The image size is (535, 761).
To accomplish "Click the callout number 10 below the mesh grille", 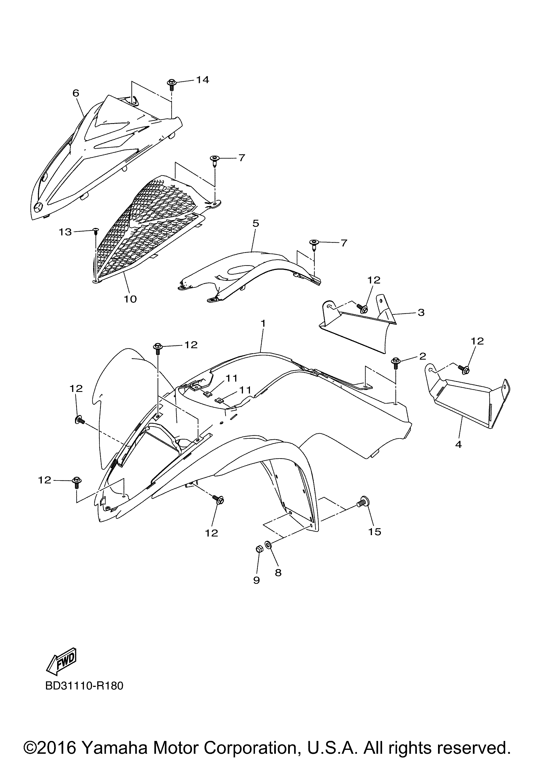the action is (x=130, y=299).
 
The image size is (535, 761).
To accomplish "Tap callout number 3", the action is (x=421, y=312).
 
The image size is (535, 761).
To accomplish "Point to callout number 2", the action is (x=422, y=356).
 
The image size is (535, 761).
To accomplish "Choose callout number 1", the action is (x=263, y=323).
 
